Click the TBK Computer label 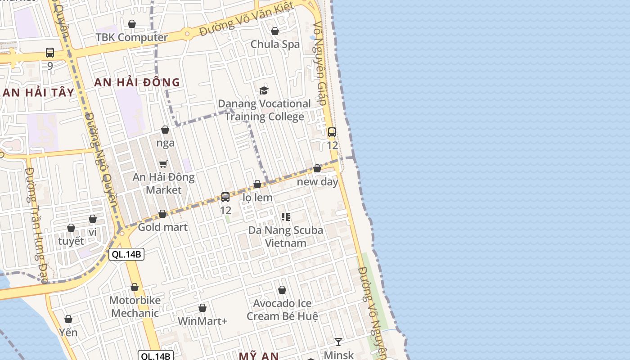pos(131,37)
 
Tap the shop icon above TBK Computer pos(132,24)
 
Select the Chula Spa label pos(275,44)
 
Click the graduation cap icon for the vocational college pos(264,90)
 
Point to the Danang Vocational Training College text pos(264,110)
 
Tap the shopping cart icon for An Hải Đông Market pos(163,164)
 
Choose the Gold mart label pos(162,227)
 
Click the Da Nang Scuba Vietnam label pos(286,236)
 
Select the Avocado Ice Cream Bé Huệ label pos(282,310)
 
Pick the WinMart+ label pos(202,321)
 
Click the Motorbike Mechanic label pos(135,306)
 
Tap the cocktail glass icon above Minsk pos(338,342)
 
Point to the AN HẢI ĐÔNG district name pos(137,82)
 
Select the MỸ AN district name pos(259,356)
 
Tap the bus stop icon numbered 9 pos(50,53)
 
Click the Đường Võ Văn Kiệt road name pos(247,19)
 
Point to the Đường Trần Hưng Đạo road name pos(37,225)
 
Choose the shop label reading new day pos(318,182)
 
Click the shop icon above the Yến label pos(68,319)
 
